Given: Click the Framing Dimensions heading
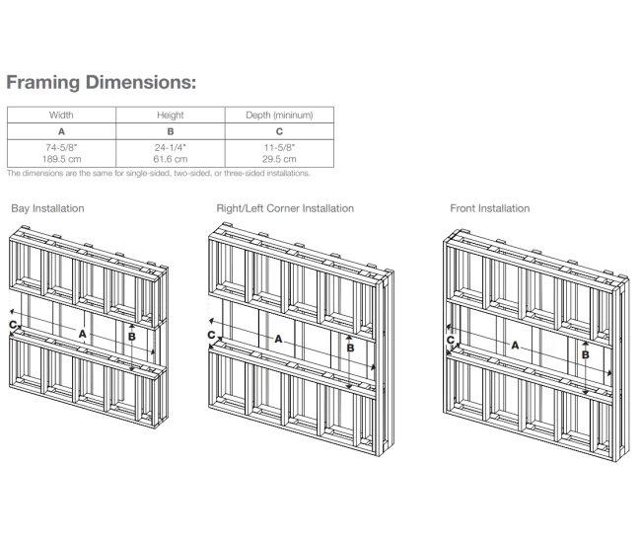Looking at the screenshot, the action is [102, 82].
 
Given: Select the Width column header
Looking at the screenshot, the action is [61, 115].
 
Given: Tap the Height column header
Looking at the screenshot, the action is [170, 116].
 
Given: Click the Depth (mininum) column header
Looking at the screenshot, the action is [279, 116].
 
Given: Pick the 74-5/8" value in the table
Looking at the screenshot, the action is [61, 147].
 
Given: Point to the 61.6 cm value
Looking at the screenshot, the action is [171, 159].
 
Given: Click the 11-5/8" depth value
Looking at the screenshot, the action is [279, 147].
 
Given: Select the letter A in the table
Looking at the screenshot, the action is [61, 131].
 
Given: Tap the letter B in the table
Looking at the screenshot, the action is [171, 131].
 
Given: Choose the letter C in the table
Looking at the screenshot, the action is [279, 131].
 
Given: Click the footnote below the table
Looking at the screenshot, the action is [158, 173].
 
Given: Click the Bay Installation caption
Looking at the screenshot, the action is [47, 208].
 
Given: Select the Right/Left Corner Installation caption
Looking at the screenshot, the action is [285, 208].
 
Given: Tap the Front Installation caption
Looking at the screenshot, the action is [490, 208].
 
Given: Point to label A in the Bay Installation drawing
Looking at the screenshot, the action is [83, 334].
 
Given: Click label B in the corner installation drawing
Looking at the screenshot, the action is [350, 348].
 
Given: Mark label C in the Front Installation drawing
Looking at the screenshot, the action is [451, 340].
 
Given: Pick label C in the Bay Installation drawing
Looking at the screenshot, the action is [13, 325].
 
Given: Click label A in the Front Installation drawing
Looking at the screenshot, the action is [515, 346].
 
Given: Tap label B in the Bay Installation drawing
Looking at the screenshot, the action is [131, 337].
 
